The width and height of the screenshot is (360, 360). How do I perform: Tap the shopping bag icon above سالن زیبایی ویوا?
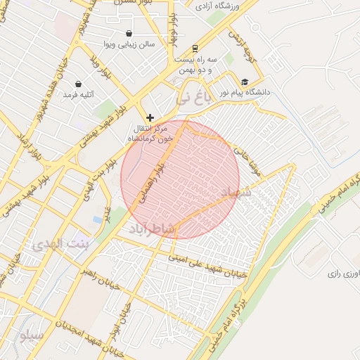129,33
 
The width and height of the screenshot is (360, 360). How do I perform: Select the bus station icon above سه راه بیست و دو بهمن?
195,49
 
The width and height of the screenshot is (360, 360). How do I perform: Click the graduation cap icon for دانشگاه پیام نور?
245,82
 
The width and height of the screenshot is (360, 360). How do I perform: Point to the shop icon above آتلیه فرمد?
88,83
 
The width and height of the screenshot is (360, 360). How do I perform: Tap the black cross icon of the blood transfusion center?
150,117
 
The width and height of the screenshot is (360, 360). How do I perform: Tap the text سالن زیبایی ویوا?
129,44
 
